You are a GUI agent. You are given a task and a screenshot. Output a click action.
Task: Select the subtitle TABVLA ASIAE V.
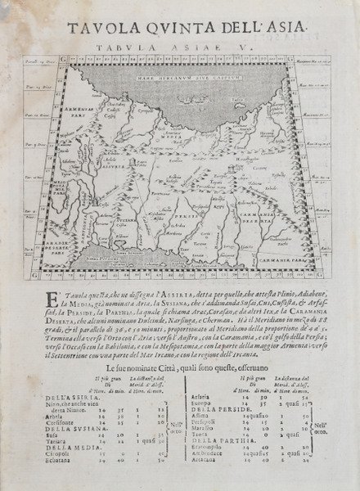[179, 48]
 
